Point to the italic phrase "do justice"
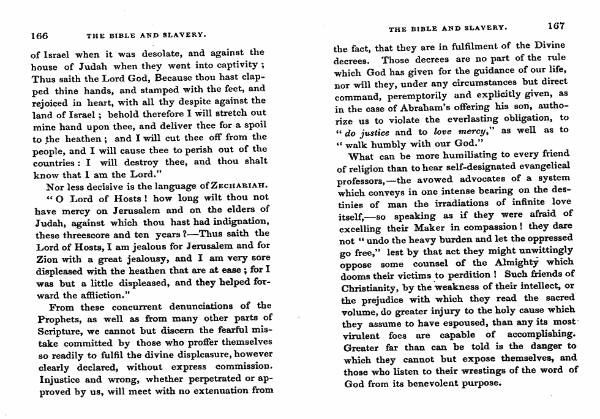(x=367, y=131)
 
